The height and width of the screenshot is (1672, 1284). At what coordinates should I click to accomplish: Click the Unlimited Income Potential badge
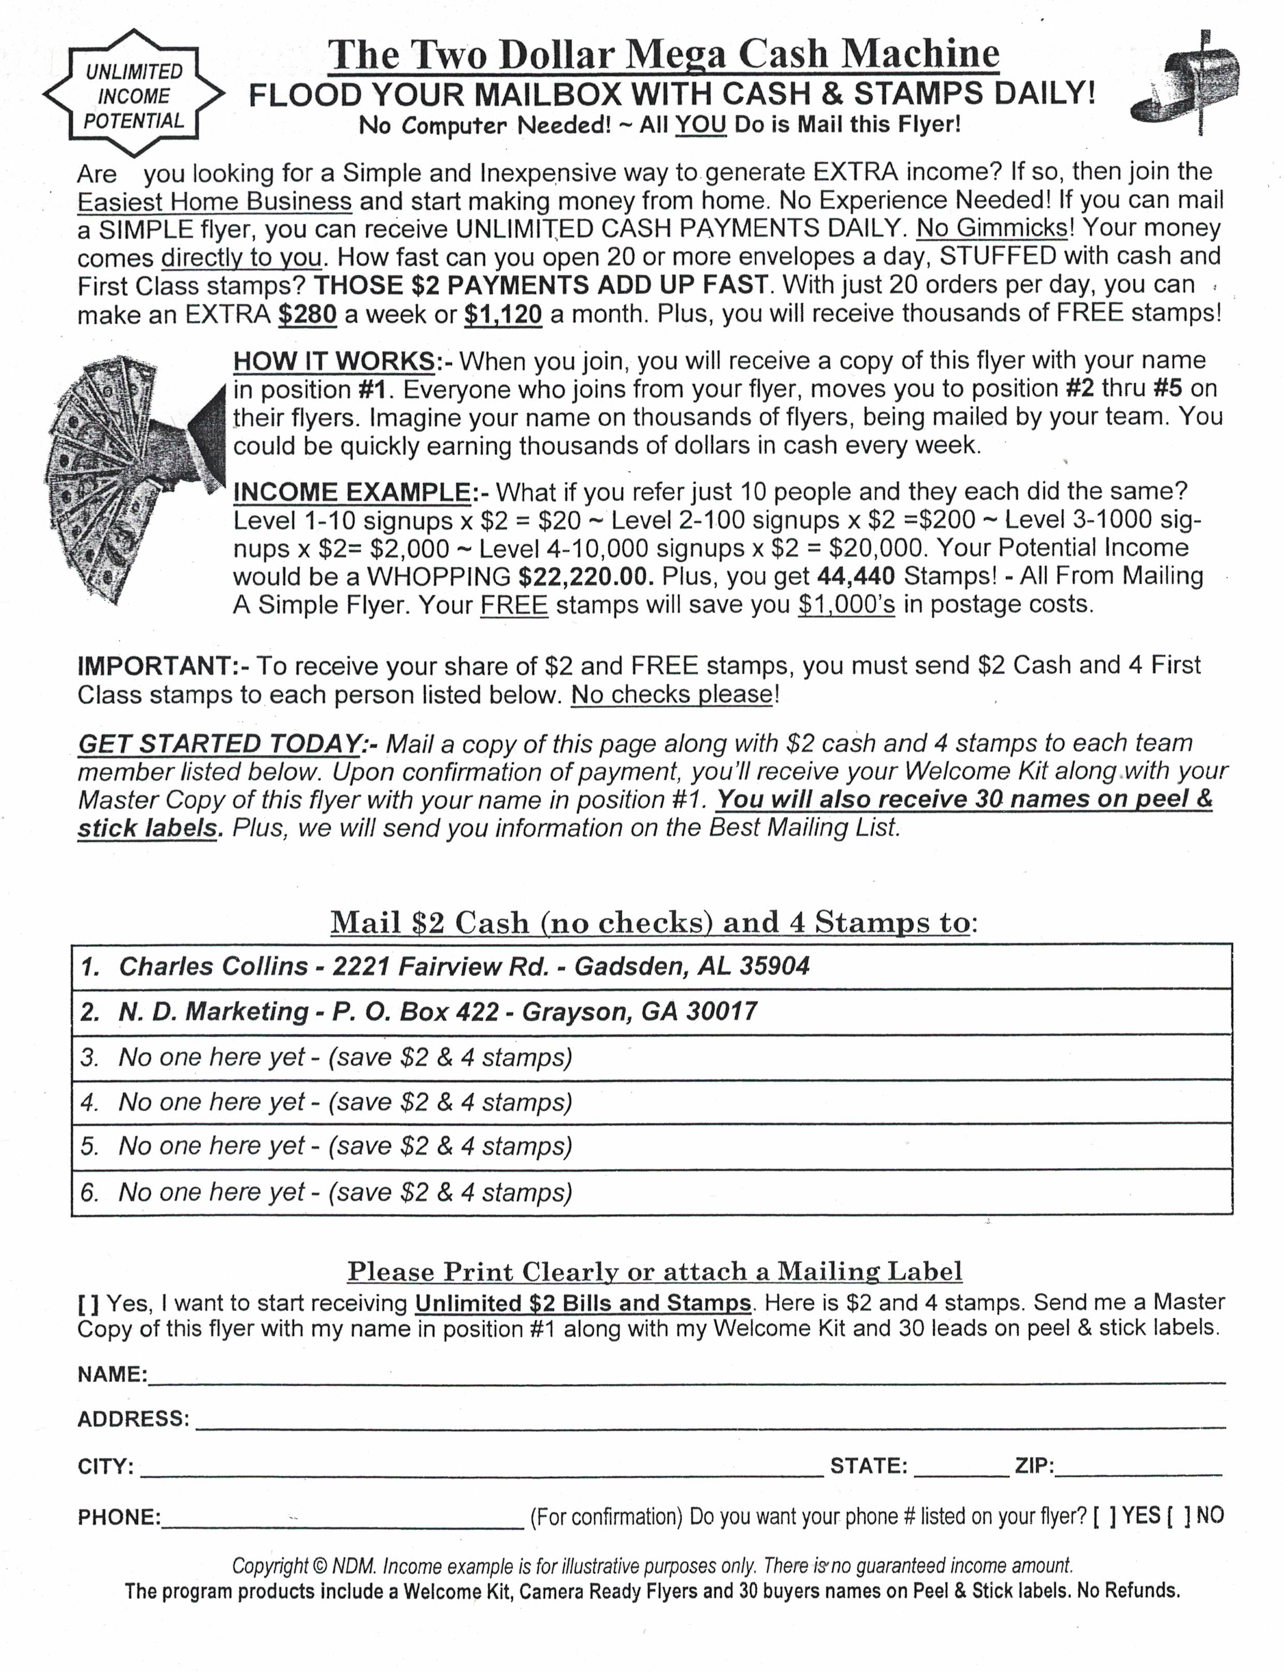click(134, 95)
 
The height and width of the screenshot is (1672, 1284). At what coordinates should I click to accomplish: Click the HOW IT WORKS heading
click(334, 361)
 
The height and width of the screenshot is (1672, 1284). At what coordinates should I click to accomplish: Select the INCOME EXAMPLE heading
click(352, 492)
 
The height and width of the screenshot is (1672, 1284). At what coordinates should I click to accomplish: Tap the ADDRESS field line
click(711, 1421)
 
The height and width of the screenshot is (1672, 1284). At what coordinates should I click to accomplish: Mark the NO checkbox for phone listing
click(1178, 1516)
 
